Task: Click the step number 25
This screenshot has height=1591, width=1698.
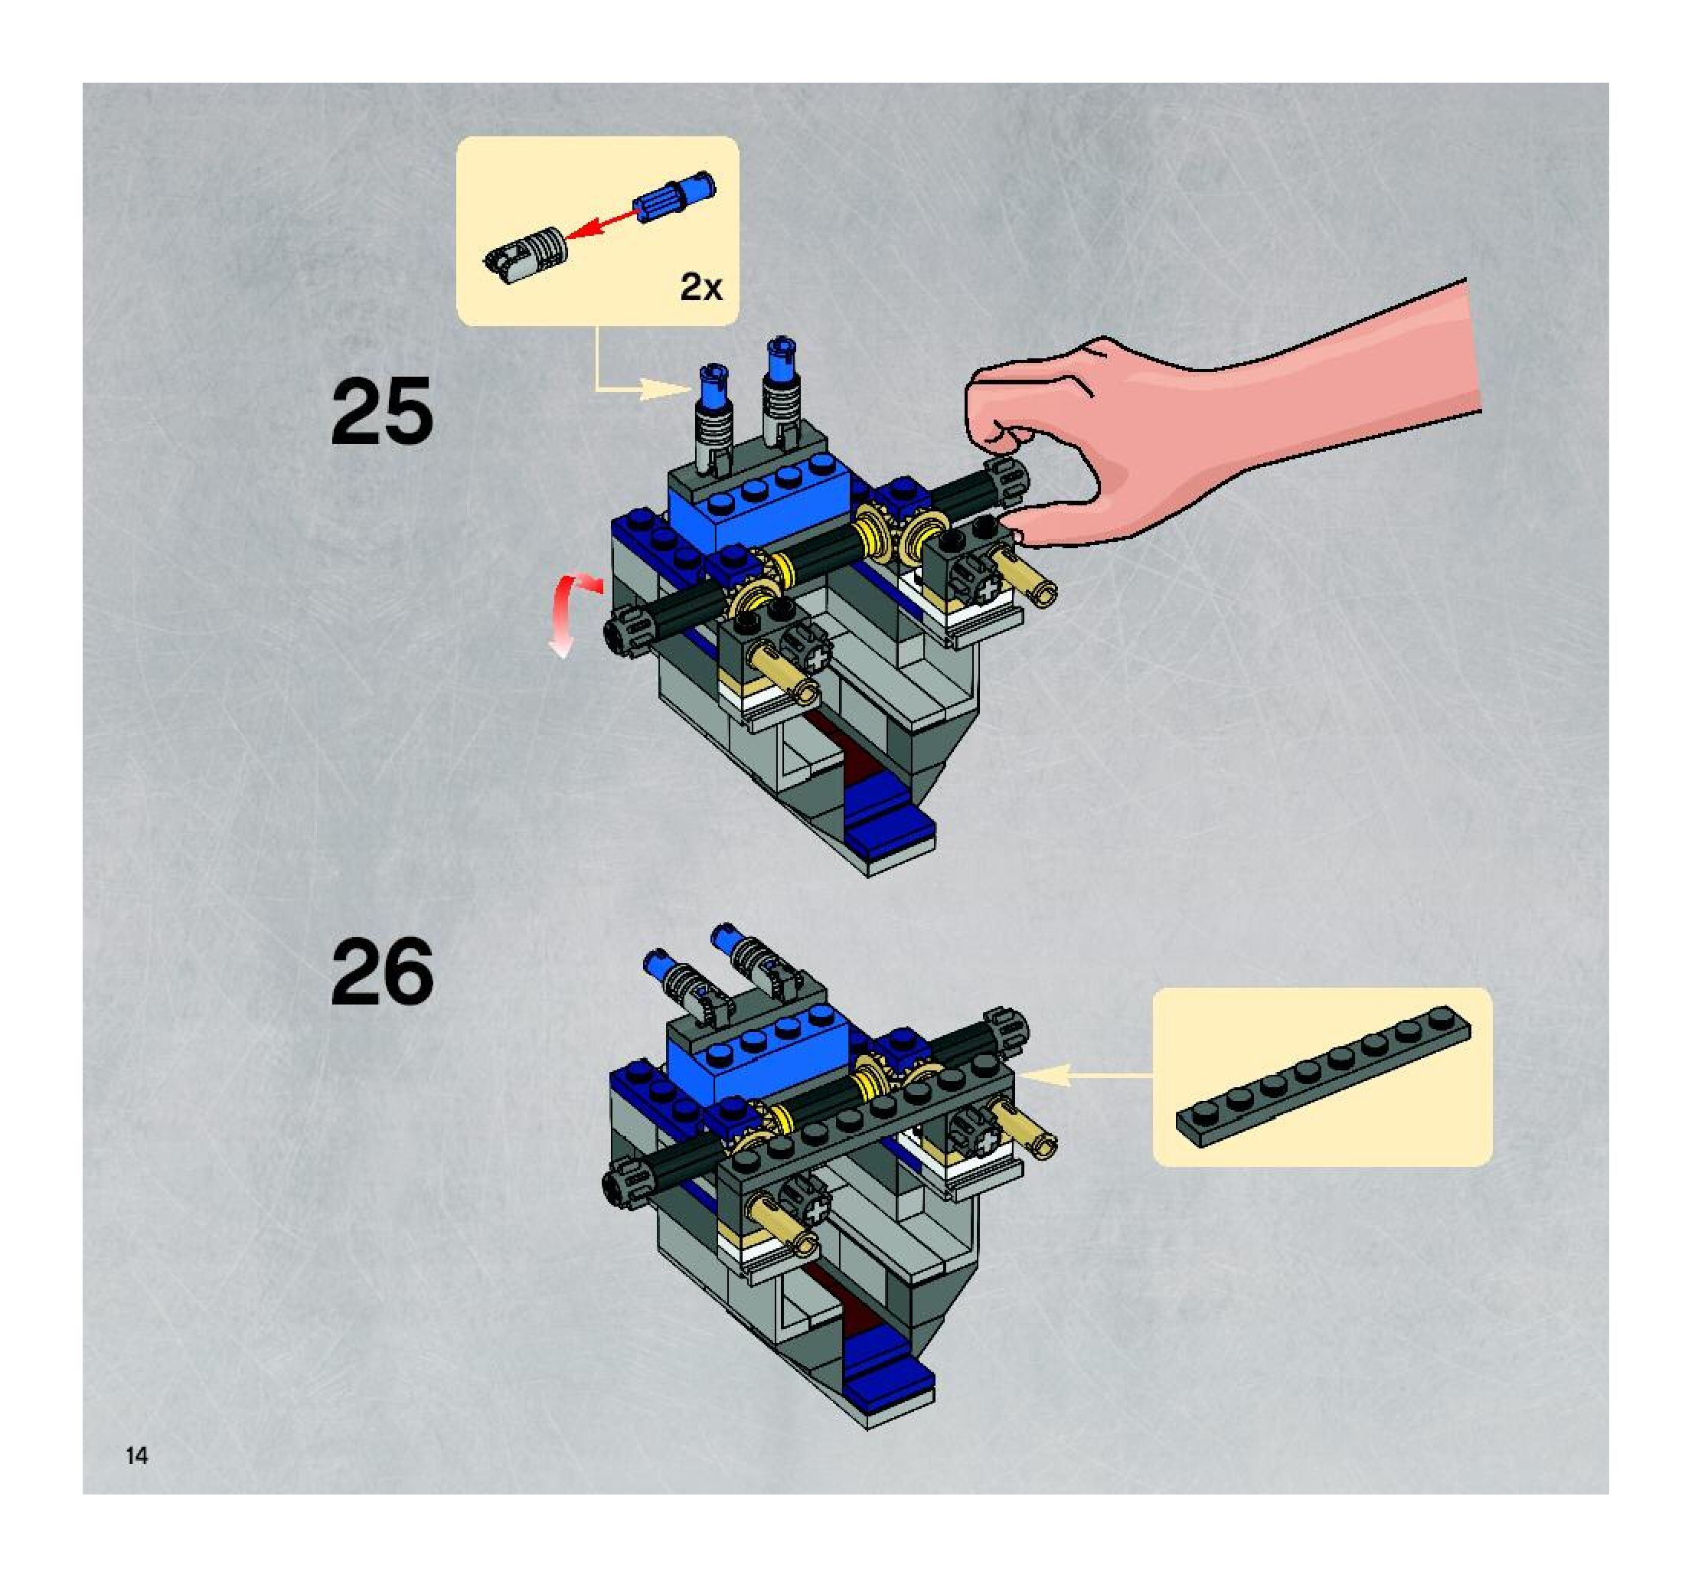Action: click(382, 413)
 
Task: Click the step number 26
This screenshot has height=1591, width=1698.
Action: click(382, 972)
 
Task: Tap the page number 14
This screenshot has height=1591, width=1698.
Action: click(137, 1455)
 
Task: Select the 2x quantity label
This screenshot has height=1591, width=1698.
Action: click(700, 288)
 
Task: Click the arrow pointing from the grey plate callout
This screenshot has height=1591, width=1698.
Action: click(1085, 1076)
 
